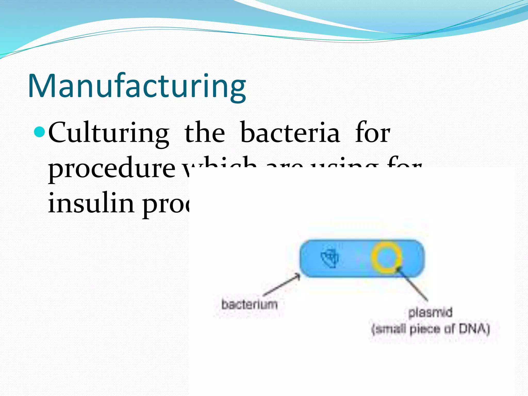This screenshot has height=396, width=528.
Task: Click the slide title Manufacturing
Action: [x=137, y=86]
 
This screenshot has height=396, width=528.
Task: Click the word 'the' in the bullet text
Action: [x=204, y=133]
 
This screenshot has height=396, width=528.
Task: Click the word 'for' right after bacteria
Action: [x=372, y=133]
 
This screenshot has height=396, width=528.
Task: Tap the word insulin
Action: [x=91, y=203]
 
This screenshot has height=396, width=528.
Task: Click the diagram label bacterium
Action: [x=249, y=304]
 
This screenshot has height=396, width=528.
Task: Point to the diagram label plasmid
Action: [x=430, y=312]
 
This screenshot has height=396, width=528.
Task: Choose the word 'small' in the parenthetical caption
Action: [x=389, y=329]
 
